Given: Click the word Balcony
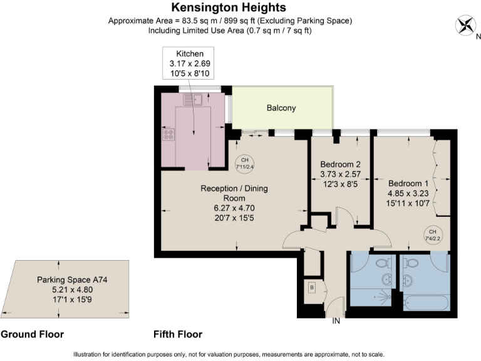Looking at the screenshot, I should pyautogui.click(x=281, y=108).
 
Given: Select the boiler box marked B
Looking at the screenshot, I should pyautogui.click(x=311, y=288).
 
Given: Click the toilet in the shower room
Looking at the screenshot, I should pyautogui.click(x=383, y=263).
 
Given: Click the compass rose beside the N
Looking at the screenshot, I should pyautogui.click(x=465, y=26).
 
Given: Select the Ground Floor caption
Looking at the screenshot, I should pyautogui.click(x=32, y=334).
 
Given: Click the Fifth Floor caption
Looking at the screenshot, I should pyautogui.click(x=178, y=334).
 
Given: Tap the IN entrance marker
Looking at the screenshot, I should pyautogui.click(x=336, y=322).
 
